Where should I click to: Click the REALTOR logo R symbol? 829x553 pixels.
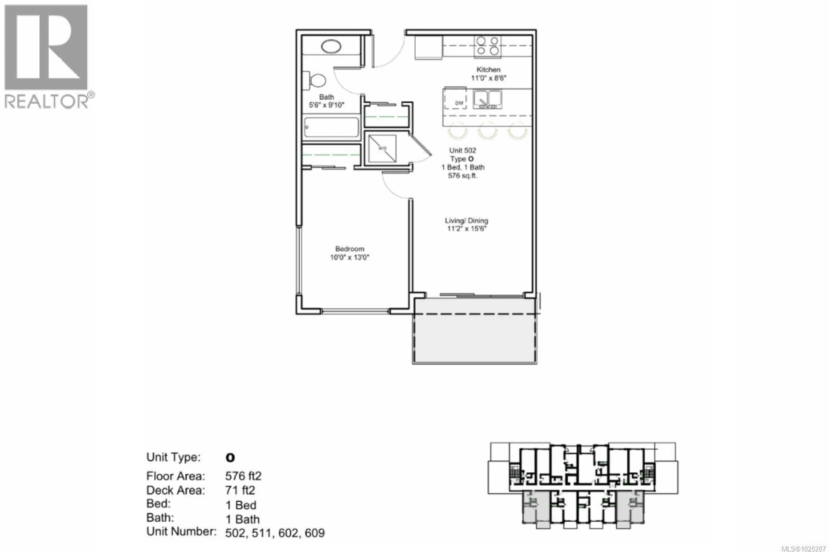click(x=46, y=47)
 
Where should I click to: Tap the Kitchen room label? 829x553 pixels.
click(x=488, y=70)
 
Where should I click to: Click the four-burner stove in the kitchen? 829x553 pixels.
click(x=488, y=46)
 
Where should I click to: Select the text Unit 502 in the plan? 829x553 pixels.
click(x=462, y=151)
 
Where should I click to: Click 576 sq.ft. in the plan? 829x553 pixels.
click(x=462, y=176)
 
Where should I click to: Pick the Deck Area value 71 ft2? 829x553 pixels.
click(x=240, y=490)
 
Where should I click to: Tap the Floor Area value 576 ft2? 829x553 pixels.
click(x=243, y=476)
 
